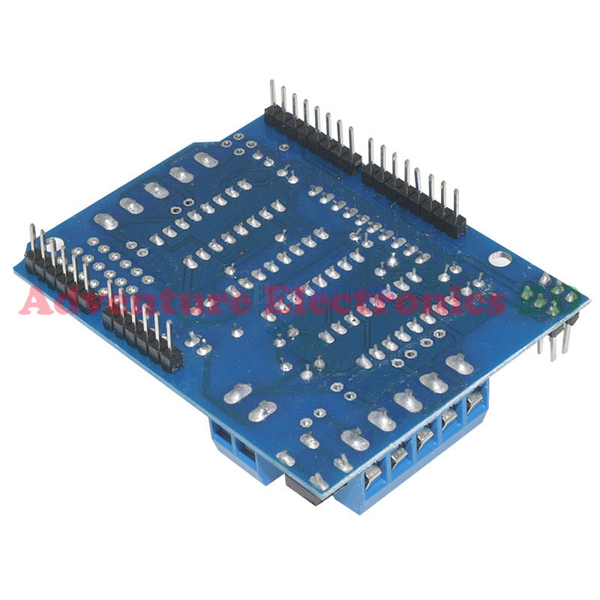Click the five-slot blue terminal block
[x=420, y=457]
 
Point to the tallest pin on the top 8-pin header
[x=271, y=94]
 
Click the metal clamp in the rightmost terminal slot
[x=475, y=405]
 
